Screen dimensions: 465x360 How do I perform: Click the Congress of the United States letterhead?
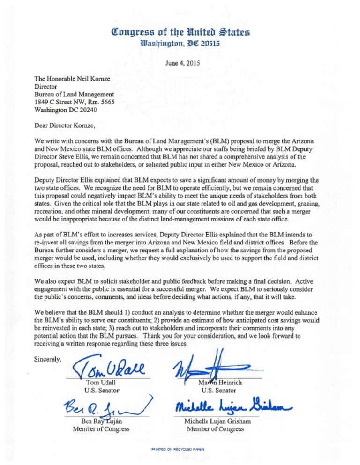pos(180,33)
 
